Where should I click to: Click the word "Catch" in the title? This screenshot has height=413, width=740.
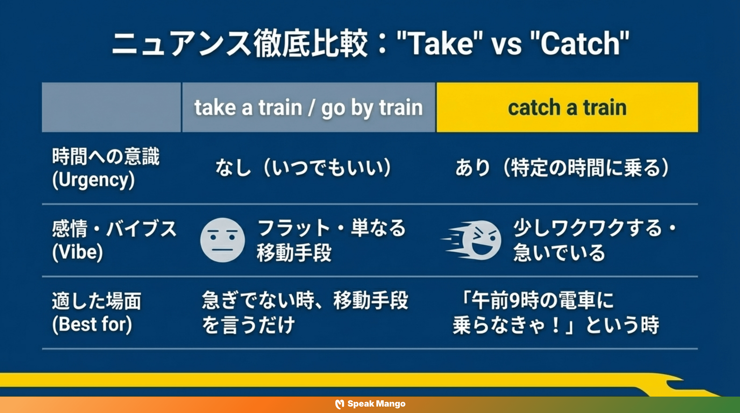pyautogui.click(x=580, y=44)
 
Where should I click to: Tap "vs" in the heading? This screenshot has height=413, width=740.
pyautogui.click(x=506, y=45)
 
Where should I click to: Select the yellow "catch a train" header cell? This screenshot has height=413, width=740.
pyautogui.click(x=567, y=107)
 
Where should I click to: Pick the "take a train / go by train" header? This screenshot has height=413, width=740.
pyautogui.click(x=308, y=107)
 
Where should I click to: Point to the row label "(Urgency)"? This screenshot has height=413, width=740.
pyautogui.click(x=93, y=180)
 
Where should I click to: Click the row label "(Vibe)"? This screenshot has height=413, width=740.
pyautogui.click(x=77, y=252)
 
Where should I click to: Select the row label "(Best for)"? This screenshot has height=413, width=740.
pyautogui.click(x=92, y=324)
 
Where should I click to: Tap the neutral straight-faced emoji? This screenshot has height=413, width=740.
pyautogui.click(x=222, y=240)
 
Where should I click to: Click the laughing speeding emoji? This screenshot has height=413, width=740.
pyautogui.click(x=483, y=240)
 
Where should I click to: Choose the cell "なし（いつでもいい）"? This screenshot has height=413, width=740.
pyautogui.click(x=303, y=168)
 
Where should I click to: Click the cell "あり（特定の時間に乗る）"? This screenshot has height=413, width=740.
pyautogui.click(x=562, y=168)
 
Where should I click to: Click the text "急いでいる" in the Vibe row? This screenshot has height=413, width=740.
pyautogui.click(x=559, y=253)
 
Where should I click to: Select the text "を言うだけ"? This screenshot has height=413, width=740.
pyautogui.click(x=248, y=325)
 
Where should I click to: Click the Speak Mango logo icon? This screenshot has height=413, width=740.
pyautogui.click(x=340, y=404)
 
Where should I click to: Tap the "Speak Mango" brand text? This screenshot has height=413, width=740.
pyautogui.click(x=376, y=404)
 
